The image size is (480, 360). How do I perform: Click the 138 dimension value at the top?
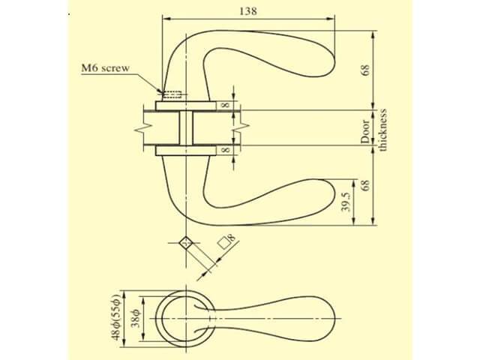[248, 11]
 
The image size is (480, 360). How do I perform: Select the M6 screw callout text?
[105, 67]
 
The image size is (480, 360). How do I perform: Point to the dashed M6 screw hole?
[172, 95]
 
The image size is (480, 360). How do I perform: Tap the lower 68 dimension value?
[365, 185]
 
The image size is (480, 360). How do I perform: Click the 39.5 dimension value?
[345, 202]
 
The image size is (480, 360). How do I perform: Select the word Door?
[365, 132]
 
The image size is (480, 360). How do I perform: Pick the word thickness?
[383, 130]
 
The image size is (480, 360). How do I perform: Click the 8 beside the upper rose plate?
[225, 105]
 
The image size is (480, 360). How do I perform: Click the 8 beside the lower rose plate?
[225, 150]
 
